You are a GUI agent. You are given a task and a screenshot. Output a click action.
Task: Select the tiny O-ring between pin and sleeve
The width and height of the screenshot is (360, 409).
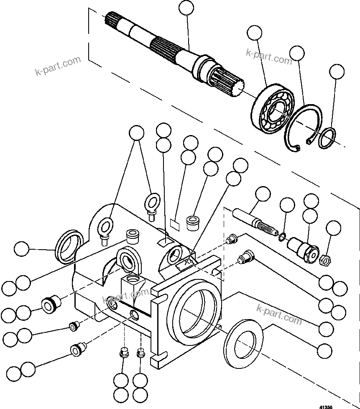pyautogui.click(x=283, y=238)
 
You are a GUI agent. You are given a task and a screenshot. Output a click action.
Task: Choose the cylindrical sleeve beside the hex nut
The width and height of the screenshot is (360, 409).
pyautogui.click(x=304, y=249)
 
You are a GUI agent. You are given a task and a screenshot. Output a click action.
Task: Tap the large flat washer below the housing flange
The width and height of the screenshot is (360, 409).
pyautogui.click(x=243, y=345)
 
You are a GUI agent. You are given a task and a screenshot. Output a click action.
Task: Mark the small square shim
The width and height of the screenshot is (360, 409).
pyautogui.click(x=175, y=224)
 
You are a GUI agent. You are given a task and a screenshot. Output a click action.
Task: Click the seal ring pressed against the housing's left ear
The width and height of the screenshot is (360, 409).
pyautogui.click(x=68, y=246)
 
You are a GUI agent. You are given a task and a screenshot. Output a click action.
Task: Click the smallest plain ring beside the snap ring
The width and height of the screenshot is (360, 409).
pyautogui.click(x=327, y=138)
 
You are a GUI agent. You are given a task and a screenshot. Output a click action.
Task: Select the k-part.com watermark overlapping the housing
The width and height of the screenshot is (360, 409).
pyautogui.click(x=125, y=297)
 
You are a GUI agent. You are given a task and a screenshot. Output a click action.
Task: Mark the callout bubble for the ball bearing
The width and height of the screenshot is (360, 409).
pyautogui.click(x=254, y=33)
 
